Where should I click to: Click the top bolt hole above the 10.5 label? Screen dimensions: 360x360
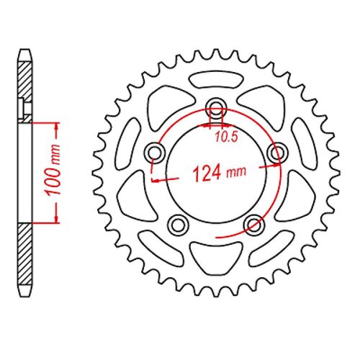point(216,109)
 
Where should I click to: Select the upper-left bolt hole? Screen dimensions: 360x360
point(155,152)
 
